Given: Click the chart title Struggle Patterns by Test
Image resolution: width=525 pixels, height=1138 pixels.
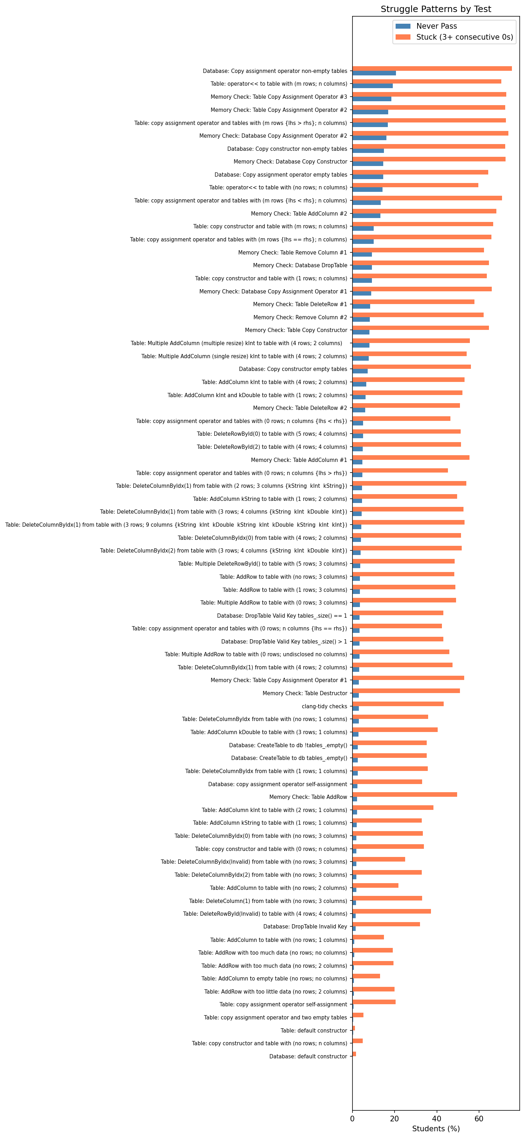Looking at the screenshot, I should [436, 9].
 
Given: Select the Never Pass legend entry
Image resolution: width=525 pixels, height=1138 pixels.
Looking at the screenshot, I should [436, 26].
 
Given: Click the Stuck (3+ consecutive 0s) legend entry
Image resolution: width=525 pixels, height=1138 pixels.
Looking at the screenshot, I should [464, 37].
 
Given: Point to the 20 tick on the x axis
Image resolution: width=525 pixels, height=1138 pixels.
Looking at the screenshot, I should [395, 1119].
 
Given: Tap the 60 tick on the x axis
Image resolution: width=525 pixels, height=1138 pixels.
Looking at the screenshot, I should [479, 1119].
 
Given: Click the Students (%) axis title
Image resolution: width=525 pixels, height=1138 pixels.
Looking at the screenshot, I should [436, 1129].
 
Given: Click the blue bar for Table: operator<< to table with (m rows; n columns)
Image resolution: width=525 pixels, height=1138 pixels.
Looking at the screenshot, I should [372, 86].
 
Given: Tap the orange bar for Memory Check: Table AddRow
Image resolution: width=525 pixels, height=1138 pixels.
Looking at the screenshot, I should [404, 795].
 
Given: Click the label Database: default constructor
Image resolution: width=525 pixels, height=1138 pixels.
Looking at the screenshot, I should [308, 1056].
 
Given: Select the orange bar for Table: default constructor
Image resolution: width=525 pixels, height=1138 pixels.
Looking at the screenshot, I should [354, 1028].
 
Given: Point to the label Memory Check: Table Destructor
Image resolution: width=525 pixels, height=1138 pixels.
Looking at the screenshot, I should [304, 693].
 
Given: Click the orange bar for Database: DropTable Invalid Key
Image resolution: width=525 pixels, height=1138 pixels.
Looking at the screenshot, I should [386, 924].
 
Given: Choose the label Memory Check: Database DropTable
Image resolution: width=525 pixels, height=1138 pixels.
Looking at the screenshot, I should [300, 265].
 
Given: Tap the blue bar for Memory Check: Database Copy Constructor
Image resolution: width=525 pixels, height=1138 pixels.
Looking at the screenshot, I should [368, 164].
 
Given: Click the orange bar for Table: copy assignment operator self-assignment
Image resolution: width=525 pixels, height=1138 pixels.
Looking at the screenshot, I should [374, 1002].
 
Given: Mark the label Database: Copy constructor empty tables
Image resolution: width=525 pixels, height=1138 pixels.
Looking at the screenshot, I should [293, 369].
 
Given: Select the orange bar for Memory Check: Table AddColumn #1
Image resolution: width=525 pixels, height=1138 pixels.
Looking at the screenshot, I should [410, 458].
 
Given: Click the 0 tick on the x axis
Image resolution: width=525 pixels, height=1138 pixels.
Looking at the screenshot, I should [352, 1119].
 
